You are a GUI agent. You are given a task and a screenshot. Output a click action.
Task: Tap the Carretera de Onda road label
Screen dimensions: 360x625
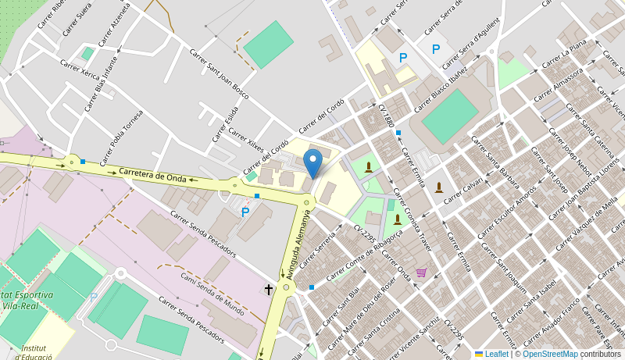153,175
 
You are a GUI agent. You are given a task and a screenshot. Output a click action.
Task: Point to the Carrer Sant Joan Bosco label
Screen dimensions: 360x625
219,73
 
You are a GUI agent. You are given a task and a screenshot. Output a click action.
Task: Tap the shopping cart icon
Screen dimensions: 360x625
422,272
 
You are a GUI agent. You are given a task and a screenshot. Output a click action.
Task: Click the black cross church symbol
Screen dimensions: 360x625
269,289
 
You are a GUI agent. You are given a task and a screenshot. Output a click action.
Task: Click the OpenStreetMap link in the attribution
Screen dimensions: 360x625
551,354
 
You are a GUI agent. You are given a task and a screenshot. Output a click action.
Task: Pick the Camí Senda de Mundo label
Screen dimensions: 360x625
212,294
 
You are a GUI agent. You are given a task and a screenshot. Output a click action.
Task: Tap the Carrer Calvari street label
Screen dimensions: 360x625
463,191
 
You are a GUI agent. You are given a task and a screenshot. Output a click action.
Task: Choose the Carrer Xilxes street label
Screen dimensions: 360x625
246,138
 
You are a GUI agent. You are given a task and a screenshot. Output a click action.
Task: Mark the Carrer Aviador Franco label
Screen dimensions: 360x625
559,315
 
